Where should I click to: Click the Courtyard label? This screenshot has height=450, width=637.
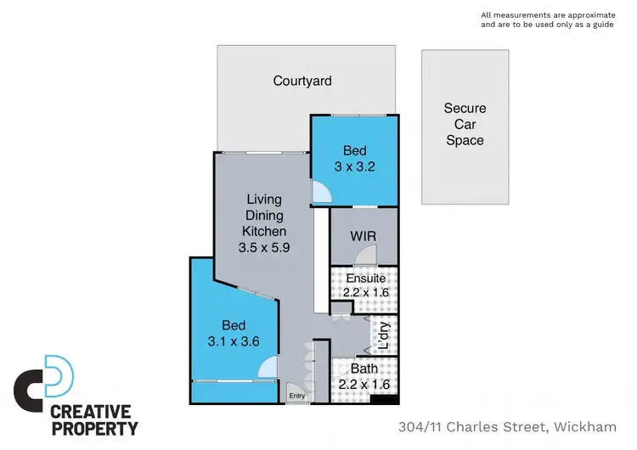pos(302,82)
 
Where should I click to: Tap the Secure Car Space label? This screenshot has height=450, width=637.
pos(465,124)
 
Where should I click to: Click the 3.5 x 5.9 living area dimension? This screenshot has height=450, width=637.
pos(264,248)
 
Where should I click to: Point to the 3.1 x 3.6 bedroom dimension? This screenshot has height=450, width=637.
pos(234,342)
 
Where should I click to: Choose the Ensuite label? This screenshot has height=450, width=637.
pos(366,278)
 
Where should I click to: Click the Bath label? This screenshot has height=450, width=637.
pos(364,369)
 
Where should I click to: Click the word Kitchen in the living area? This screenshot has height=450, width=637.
pos(264,231)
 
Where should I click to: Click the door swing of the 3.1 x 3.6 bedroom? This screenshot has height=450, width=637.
pos(268,368)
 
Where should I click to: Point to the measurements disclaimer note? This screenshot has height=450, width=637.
pos(545,20)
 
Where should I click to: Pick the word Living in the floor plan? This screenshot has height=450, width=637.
pos(264,200)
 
